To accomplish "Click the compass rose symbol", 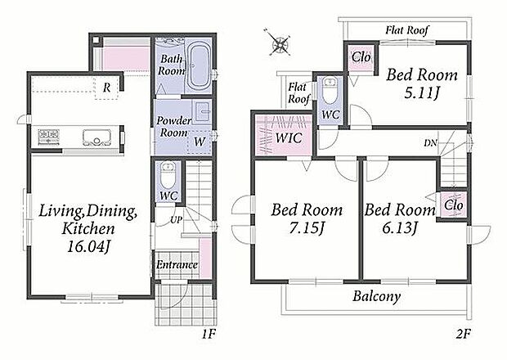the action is click(x=280, y=43).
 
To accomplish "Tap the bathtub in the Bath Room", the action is click(x=198, y=66).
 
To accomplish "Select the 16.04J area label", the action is click(x=88, y=247).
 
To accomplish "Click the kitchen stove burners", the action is click(x=49, y=137).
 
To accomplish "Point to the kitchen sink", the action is click(x=96, y=137).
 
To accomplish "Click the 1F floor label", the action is click(x=209, y=334).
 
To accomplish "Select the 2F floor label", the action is click(x=464, y=334).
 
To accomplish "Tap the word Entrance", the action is click(x=177, y=265).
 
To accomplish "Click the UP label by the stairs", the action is click(x=176, y=220).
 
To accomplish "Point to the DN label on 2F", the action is click(x=430, y=142).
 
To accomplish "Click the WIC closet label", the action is click(x=289, y=138).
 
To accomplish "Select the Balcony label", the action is click(x=377, y=296).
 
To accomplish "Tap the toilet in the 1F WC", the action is click(x=168, y=175).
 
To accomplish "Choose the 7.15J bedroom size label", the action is click(x=307, y=228).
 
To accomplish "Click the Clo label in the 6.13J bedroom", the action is click(x=453, y=205).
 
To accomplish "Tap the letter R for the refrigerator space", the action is click(x=106, y=88).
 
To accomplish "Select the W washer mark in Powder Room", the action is click(x=200, y=142).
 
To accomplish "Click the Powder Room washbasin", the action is click(x=203, y=110).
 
